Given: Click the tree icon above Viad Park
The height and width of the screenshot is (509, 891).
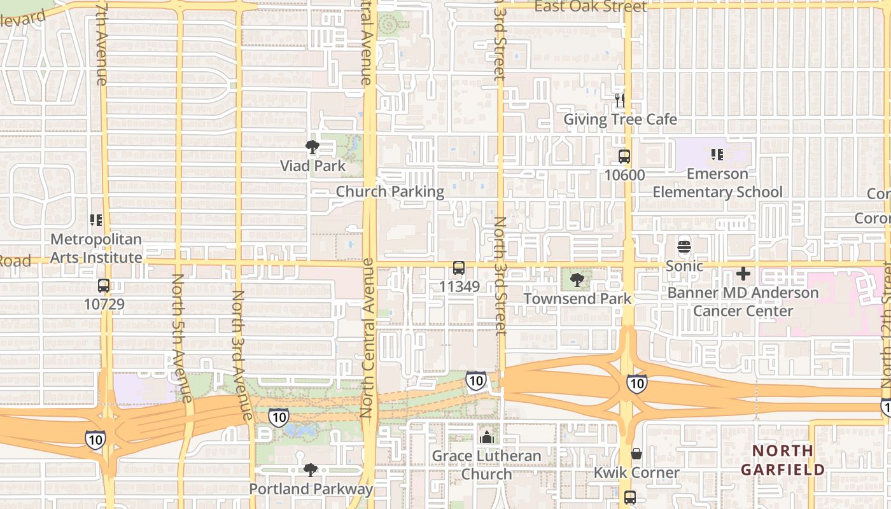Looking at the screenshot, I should click(x=312, y=147).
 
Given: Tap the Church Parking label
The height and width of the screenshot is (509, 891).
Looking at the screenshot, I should click(x=389, y=192).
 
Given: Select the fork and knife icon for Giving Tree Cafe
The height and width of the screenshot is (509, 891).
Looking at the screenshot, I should click(x=620, y=101).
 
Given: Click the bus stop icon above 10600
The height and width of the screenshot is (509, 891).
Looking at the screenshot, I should click(x=624, y=156).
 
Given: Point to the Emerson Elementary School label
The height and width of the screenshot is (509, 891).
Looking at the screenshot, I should click(x=717, y=183).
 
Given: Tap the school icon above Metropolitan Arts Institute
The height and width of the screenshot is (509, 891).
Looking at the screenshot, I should click(x=96, y=221).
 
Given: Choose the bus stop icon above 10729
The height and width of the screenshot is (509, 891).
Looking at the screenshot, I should click(x=104, y=286).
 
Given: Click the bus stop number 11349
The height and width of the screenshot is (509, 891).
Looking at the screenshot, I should click(x=459, y=286).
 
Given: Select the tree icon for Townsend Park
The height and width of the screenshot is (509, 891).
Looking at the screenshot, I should click(x=577, y=279).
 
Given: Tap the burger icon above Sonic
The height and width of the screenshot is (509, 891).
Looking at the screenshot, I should click(x=684, y=247).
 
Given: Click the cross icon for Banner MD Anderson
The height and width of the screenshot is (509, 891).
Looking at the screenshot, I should click(x=743, y=274).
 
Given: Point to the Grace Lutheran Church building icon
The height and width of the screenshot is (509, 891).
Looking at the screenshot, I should click(x=487, y=437).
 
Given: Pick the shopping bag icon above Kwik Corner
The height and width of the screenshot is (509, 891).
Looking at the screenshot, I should click(x=636, y=454).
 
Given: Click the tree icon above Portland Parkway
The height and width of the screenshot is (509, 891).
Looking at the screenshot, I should click(x=310, y=470).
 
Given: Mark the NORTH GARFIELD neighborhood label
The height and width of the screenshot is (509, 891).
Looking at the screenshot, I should click(x=782, y=460).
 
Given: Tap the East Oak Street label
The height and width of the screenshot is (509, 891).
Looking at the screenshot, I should click(x=590, y=7).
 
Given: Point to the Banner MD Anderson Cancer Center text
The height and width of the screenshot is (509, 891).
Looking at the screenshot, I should click(x=743, y=302).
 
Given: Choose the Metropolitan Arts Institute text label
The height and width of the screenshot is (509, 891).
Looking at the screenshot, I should click(x=96, y=248).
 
